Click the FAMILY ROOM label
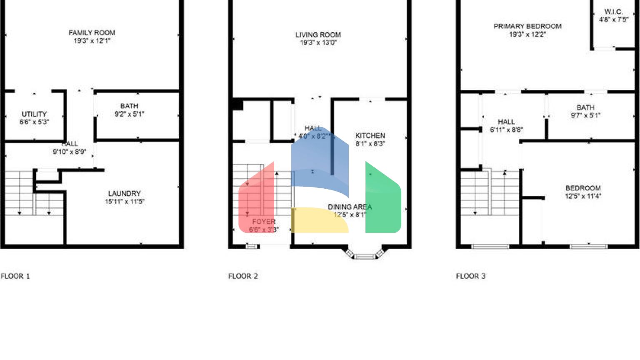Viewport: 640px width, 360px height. pos(92,33)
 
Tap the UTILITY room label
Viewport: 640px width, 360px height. pos(34,114)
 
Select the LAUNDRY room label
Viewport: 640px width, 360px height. pos(125,194)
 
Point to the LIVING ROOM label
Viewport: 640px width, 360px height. pos(318,35)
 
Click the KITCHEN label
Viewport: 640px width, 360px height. pos(370,136)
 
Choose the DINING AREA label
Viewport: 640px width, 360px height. pos(350,207)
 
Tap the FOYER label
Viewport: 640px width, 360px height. pos(264,222)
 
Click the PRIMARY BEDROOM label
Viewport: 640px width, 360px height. pos(527,26)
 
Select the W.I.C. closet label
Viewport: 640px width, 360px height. pos(613,12)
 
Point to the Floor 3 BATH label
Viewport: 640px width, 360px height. pos(585,107)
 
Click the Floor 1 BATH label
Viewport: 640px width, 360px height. pos(129,106)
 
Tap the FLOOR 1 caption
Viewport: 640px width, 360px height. pos(15,276)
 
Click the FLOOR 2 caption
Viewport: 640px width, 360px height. pos(243,276)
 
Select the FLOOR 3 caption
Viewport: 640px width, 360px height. pos(471,276)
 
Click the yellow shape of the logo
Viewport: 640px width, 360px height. pos(319,220)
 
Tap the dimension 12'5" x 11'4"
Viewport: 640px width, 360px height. pos(583,196)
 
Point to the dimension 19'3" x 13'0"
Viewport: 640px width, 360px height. pos(318,43)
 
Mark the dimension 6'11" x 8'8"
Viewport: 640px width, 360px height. pos(506,130)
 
